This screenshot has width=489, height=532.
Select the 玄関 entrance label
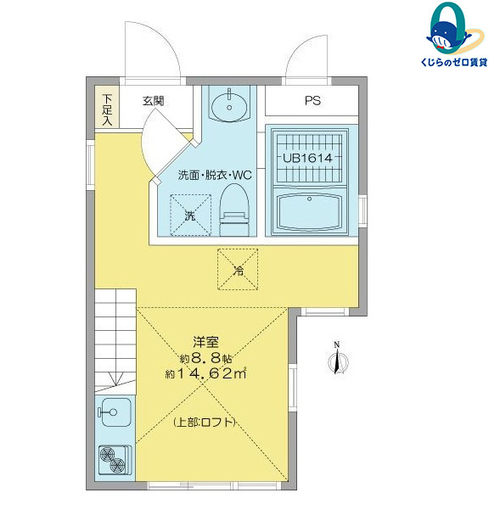coord(153,100)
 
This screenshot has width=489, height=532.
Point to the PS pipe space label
coord(313,101)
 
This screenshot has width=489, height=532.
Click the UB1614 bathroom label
coord(307,158)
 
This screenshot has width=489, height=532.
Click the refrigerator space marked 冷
coord(239,269)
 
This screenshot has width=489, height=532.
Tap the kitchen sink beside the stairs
coord(114,413)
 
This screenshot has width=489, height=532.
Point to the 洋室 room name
coord(206,343)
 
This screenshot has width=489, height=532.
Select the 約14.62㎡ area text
coord(206,373)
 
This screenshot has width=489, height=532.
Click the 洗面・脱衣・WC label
coord(215,176)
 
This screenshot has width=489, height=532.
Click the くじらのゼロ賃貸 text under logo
coord(447,64)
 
